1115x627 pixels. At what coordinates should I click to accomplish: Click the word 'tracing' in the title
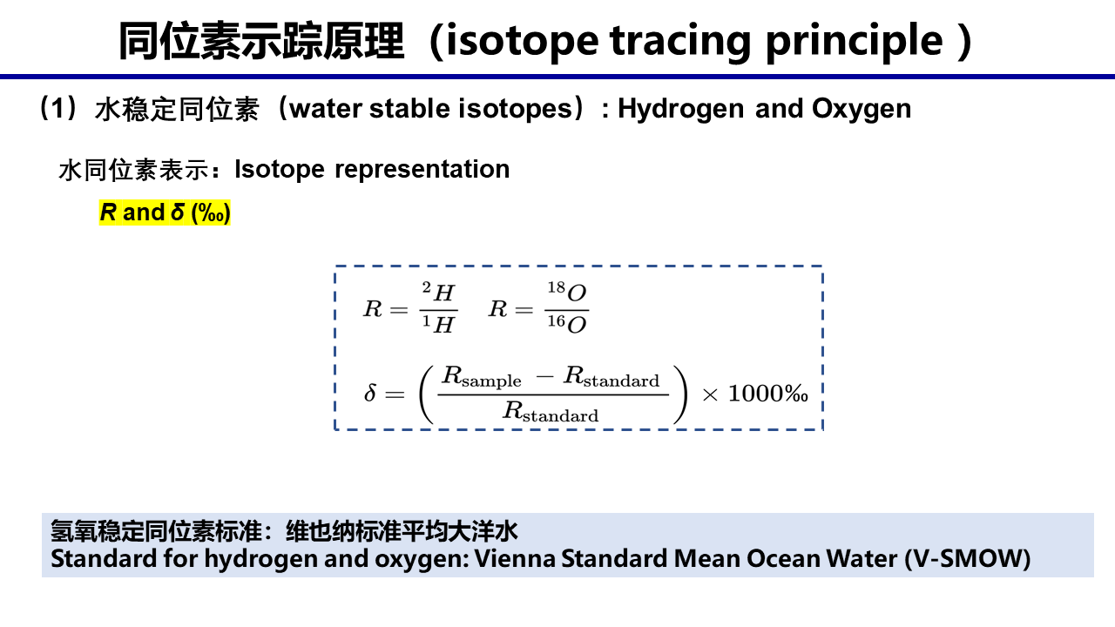(680, 42)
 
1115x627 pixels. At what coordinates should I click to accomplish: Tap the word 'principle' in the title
(855, 42)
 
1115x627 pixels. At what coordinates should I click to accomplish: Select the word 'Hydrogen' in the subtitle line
(680, 110)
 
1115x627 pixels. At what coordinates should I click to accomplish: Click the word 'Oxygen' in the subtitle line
(862, 110)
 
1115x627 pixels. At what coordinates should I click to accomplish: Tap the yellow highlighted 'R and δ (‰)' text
(165, 212)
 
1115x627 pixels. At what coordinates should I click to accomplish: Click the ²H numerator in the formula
(438, 292)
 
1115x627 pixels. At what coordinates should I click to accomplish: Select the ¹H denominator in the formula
(438, 324)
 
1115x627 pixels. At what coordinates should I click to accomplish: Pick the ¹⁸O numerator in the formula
(567, 292)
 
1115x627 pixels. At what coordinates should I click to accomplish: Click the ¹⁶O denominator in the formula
(567, 324)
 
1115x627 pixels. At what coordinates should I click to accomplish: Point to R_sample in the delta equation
(482, 377)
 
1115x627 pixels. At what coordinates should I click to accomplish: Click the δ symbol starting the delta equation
(370, 393)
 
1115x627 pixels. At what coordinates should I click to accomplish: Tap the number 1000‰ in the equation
(768, 394)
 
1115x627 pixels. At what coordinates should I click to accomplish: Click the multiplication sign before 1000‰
(710, 395)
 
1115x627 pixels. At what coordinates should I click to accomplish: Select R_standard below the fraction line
(551, 412)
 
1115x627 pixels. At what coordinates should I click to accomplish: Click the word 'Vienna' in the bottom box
(515, 559)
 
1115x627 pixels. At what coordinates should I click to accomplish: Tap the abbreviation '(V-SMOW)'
(967, 559)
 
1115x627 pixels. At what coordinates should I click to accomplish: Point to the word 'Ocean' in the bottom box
(783, 559)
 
